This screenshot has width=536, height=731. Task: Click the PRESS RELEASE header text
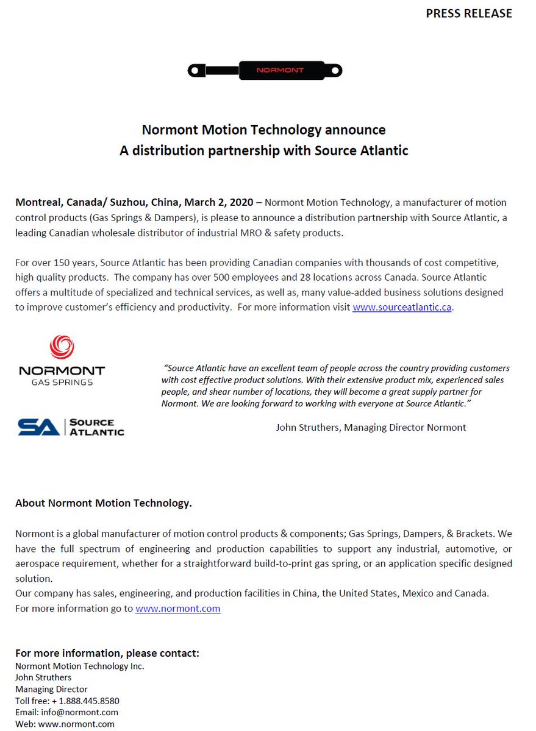pos(468,13)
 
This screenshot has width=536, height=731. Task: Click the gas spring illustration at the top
pos(265,71)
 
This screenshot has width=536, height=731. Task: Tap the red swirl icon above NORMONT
pos(62,348)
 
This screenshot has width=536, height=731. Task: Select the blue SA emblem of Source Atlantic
pos(38,427)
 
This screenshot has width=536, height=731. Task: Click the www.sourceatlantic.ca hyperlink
pos(402,307)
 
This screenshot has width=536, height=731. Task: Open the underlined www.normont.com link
pos(177,609)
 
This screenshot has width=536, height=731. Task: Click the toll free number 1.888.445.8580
pos(85,701)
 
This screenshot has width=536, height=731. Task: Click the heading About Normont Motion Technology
pos(104,503)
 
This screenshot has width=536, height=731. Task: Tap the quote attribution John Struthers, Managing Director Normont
pos(371,427)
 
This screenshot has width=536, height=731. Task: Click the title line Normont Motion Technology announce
pos(263,130)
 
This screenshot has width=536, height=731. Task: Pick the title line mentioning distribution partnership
pos(263,150)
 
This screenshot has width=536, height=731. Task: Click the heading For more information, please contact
pos(107,653)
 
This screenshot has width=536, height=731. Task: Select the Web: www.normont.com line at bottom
pos(65,724)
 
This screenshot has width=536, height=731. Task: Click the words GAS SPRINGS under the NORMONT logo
pos(62,382)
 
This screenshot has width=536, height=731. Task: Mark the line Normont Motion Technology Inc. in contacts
pos(79,666)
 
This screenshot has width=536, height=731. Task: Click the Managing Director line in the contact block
pos(51,689)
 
